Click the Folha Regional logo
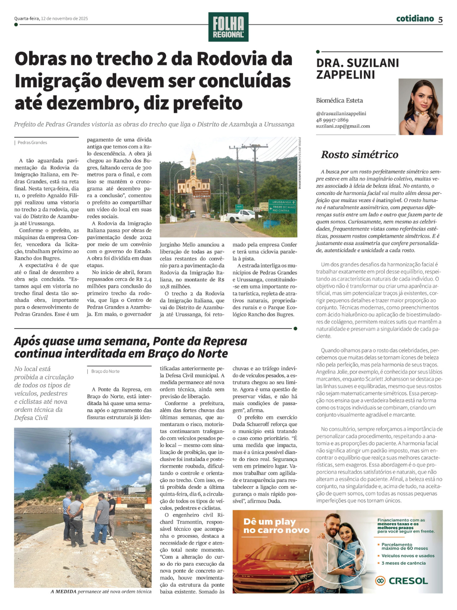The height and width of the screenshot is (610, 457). point(228,27)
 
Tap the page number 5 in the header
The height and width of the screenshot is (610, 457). point(440,19)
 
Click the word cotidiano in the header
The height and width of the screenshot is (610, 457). point(414,18)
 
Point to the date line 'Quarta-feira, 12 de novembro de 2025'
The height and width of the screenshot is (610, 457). point(51,19)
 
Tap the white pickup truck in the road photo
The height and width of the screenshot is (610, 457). point(242,215)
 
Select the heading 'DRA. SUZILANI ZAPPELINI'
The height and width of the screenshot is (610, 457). point(357,69)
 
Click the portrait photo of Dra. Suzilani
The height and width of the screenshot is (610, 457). point(420,106)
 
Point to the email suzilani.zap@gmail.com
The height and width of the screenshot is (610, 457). point(343,126)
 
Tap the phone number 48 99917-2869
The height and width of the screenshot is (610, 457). point(332,120)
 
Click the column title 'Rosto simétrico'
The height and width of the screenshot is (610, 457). point(360,154)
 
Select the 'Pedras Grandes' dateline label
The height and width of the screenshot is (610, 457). point(32,143)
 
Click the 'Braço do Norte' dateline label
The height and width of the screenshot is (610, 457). point(105,371)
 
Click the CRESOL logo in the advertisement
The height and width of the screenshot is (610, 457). point(402,581)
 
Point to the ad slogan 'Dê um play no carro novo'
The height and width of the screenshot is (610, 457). point(276,526)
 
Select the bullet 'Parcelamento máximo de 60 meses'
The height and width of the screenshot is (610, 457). point(404,546)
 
